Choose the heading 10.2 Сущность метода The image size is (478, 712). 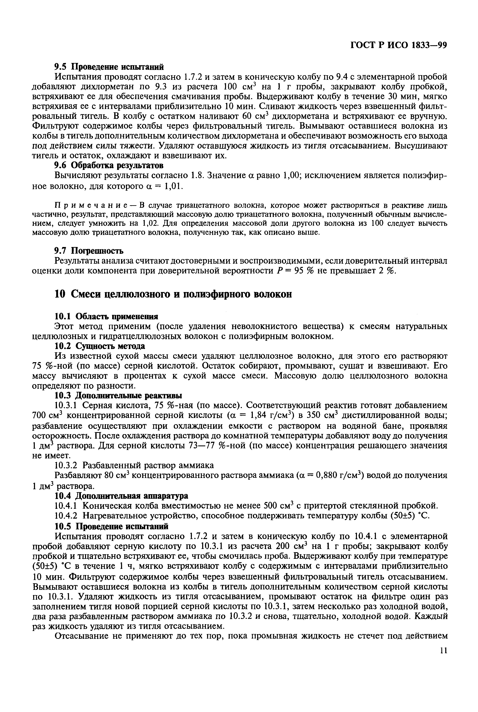tap(100, 346)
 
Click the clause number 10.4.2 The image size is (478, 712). tap(67, 516)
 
